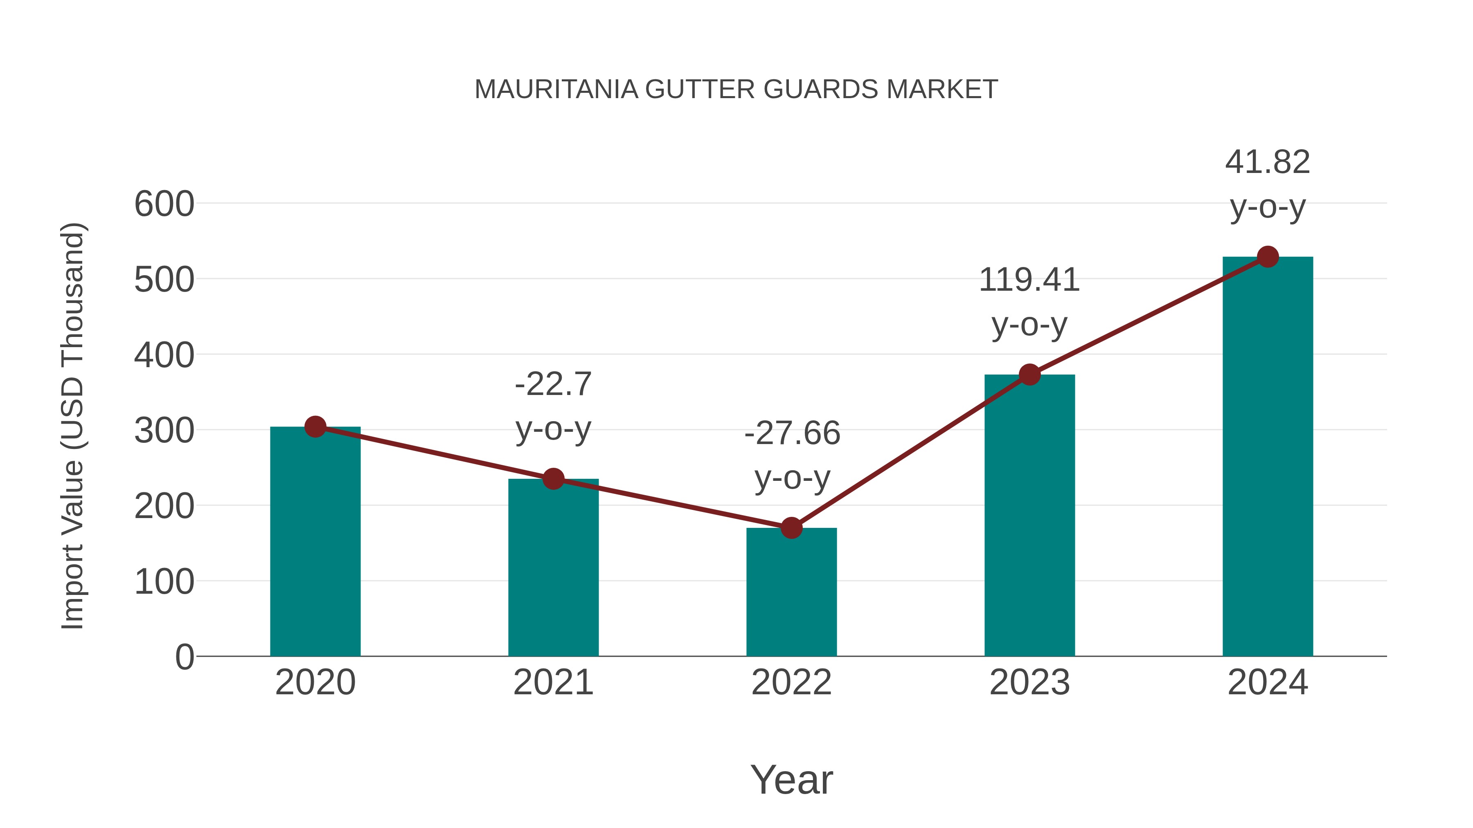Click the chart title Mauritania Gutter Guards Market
[736, 90]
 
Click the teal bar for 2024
[1268, 457]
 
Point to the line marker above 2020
[315, 426]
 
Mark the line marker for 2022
[791, 528]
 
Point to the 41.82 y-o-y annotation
[1268, 184]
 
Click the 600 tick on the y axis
[164, 204]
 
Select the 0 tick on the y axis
[184, 657]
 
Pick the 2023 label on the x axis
[1029, 682]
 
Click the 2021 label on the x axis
[553, 682]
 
